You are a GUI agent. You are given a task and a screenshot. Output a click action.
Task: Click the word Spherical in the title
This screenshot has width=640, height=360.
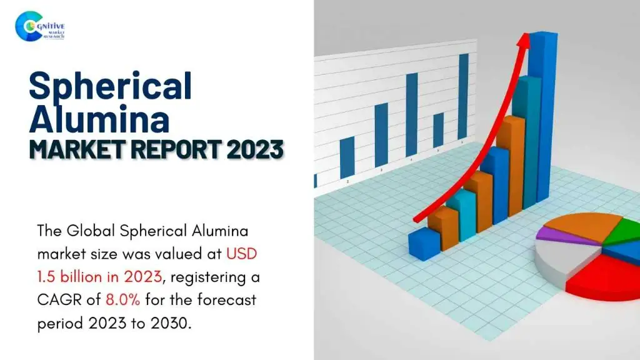[x=110, y=86]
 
